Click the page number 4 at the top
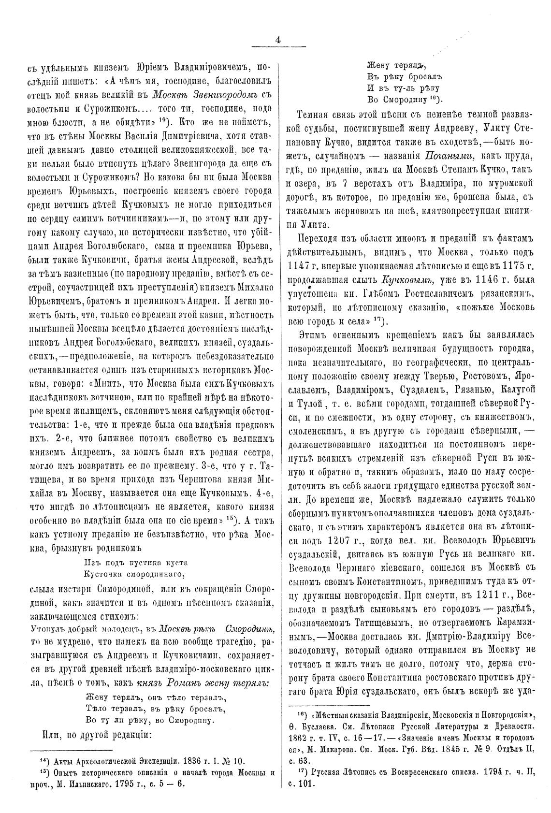[x=278, y=41]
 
